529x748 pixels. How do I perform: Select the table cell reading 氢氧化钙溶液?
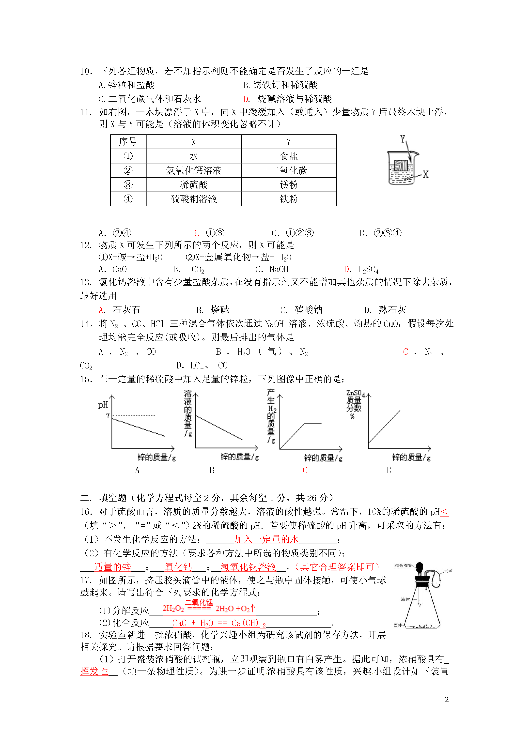click(194, 170)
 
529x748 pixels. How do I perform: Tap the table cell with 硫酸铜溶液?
click(194, 199)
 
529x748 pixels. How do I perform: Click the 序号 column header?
click(128, 142)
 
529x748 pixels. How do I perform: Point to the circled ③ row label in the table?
click(128, 185)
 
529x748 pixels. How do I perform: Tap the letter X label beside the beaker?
click(426, 174)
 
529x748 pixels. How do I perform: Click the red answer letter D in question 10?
click(246, 99)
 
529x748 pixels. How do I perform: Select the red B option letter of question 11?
click(195, 233)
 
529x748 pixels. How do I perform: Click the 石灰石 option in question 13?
click(126, 309)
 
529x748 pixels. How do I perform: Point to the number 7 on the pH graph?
click(108, 416)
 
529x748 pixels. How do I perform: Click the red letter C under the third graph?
click(305, 470)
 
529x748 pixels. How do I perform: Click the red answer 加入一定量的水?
click(266, 539)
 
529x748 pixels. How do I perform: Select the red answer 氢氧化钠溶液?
click(248, 567)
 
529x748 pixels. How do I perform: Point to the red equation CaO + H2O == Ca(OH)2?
click(219, 623)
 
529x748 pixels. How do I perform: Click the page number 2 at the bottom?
click(447, 700)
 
